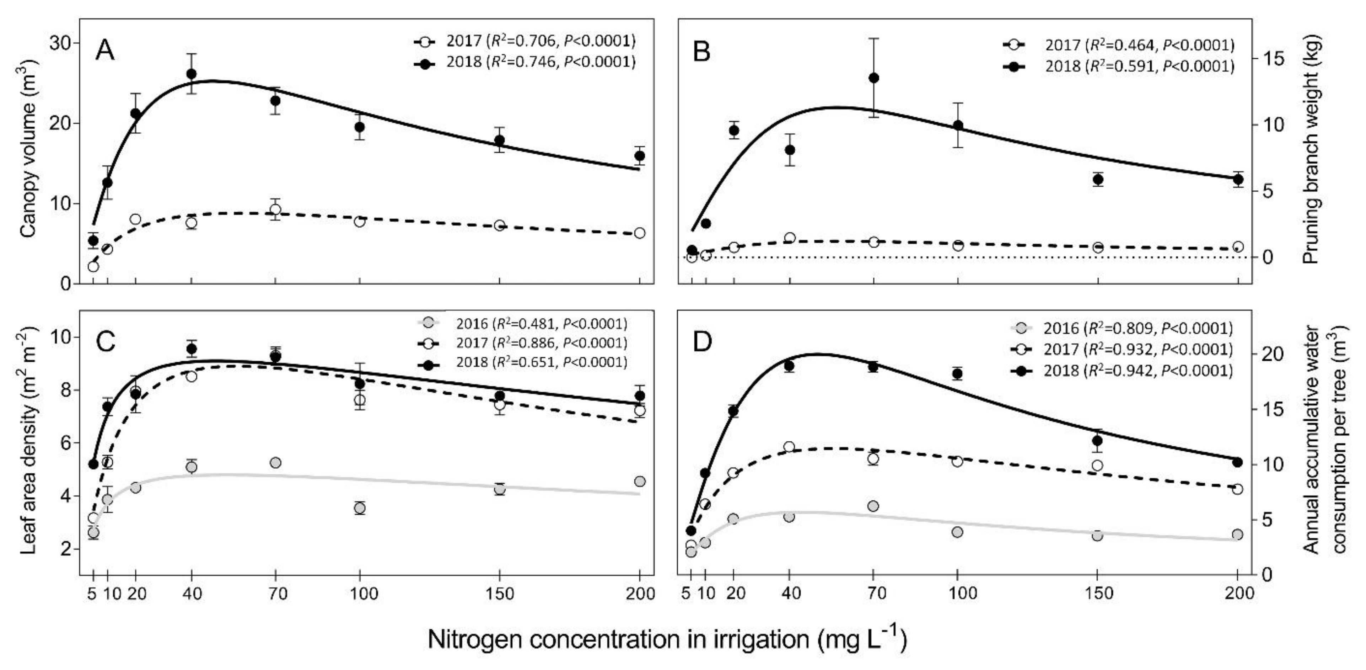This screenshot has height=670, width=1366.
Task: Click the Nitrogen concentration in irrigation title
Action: pos(667,639)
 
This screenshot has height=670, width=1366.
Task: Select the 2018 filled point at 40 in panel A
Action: pos(192,74)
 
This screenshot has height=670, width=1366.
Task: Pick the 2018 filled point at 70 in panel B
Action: pos(874,78)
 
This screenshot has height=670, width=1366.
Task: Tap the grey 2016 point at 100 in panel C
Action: pos(360,508)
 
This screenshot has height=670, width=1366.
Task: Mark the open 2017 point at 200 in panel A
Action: pos(640,233)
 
